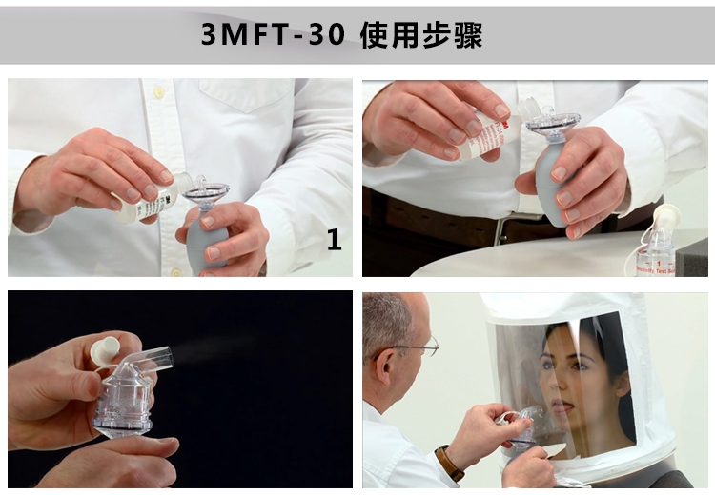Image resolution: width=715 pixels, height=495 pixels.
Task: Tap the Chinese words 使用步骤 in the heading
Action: [421, 34]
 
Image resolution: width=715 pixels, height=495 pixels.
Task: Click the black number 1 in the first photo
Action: [334, 241]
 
